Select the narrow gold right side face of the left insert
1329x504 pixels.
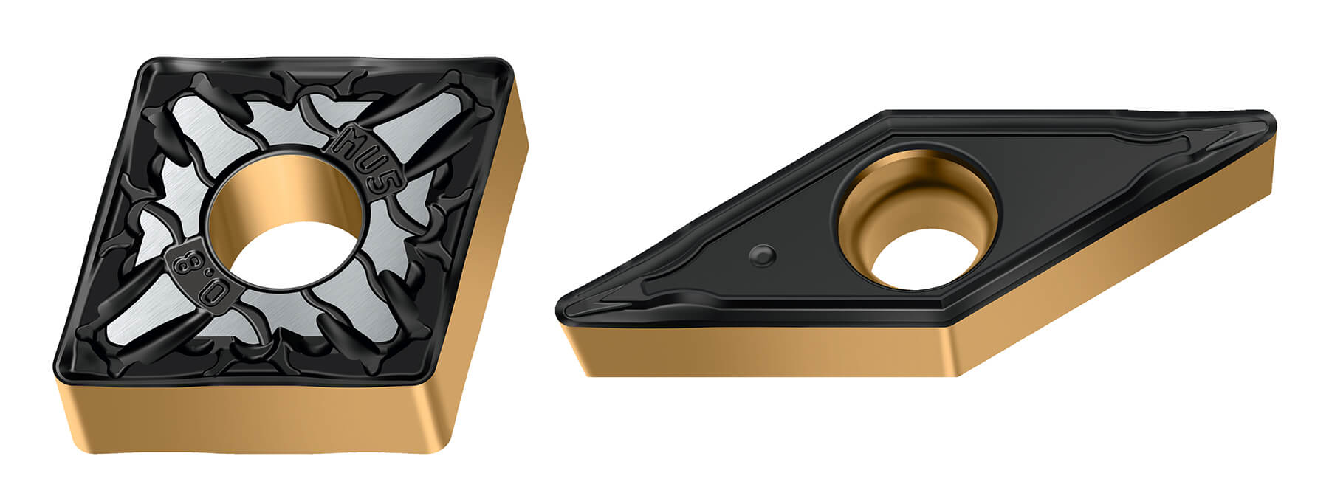point(491,244)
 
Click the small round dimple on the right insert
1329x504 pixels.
point(761,255)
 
